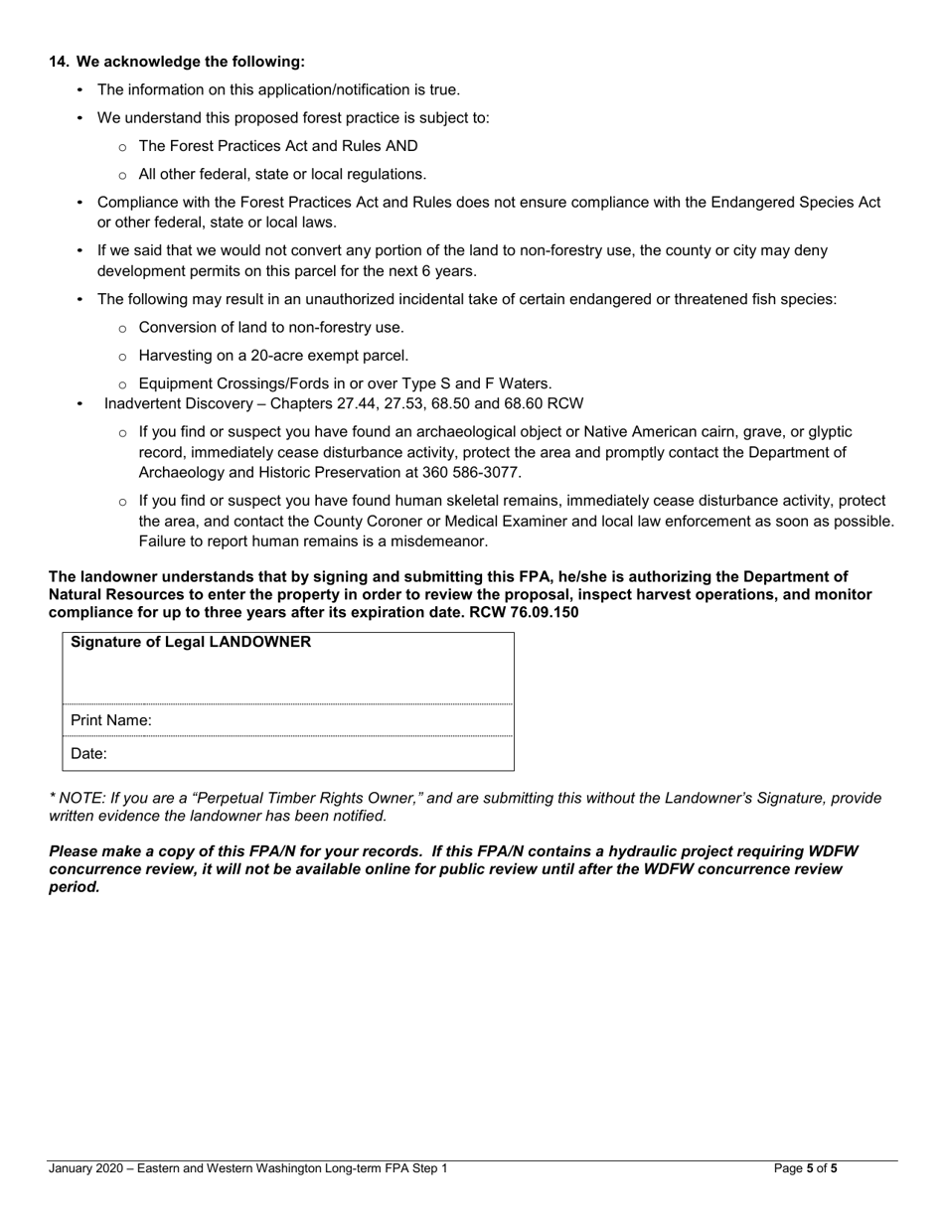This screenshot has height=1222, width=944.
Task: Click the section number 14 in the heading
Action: (x=59, y=62)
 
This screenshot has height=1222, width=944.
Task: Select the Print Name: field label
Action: (x=110, y=720)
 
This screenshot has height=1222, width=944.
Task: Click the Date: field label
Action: (x=88, y=754)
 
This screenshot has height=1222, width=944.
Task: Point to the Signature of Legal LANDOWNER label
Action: (x=191, y=642)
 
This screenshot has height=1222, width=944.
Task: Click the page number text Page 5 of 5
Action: (x=805, y=1168)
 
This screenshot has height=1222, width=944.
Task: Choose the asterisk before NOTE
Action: (x=53, y=797)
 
